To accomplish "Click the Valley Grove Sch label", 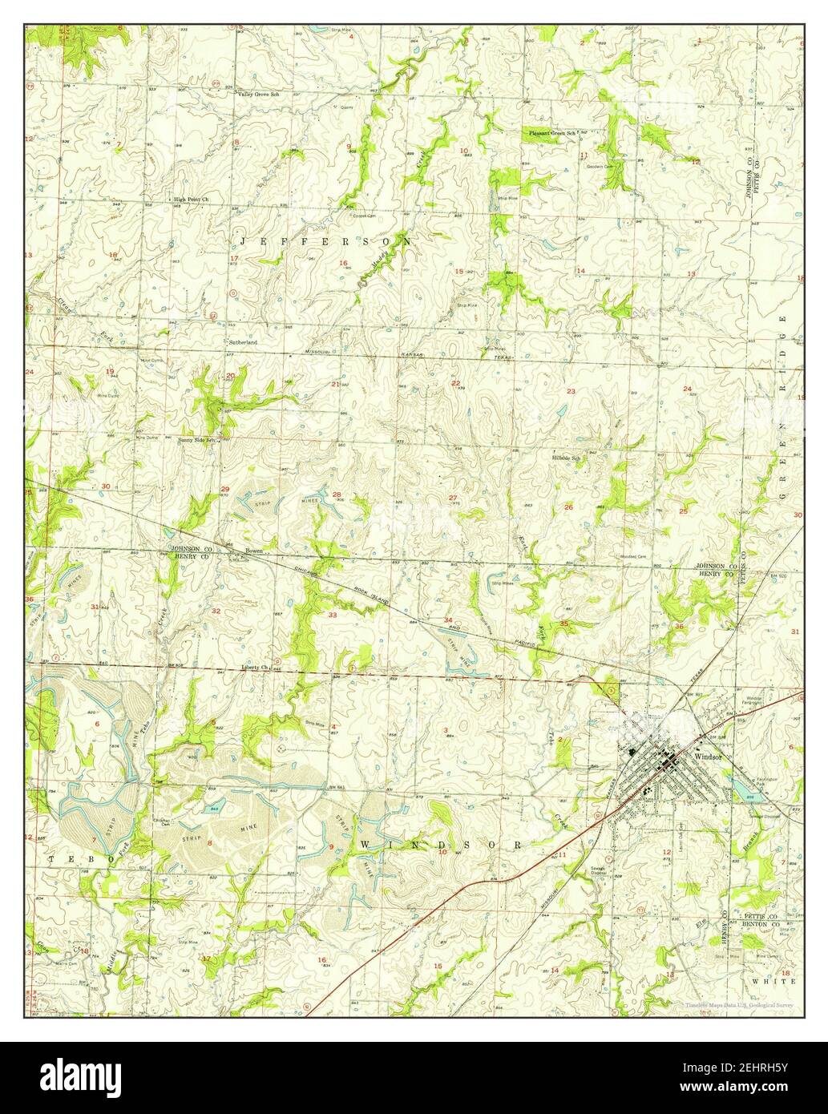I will (257, 94).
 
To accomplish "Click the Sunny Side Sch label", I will (198, 440).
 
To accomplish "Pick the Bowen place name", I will (253, 551).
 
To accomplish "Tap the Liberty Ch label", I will (253, 667).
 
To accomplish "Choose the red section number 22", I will (455, 383).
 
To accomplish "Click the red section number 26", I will (568, 507).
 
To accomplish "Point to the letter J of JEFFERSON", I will (244, 240).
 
